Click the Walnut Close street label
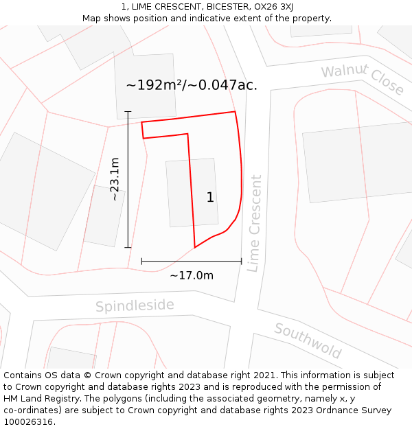tap(363, 79)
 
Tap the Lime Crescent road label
tap(255, 223)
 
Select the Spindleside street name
tap(135, 305)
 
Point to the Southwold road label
tap(308, 340)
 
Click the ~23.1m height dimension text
tap(115, 179)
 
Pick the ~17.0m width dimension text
tap(192, 275)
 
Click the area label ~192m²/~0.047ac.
tap(192, 85)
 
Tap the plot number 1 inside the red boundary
tap(210, 198)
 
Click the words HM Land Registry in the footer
tap(38, 399)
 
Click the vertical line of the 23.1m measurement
tap(128, 206)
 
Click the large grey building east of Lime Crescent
tap(357, 162)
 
